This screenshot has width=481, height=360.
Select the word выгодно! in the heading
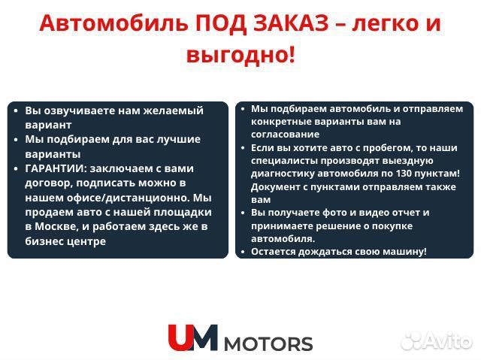click(240, 54)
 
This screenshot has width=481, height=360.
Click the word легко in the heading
click(376, 24)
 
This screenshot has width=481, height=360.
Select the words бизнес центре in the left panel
click(65, 241)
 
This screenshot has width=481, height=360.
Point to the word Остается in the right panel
click(273, 251)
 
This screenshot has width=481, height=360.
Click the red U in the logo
click(180, 337)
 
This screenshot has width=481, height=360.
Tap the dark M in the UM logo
click(204, 337)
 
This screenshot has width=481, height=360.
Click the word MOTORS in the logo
click(268, 343)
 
